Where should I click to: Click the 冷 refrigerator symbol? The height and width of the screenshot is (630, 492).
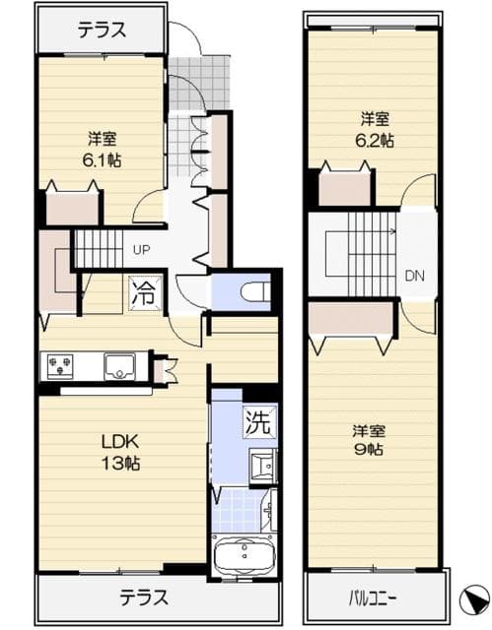coord(145,294)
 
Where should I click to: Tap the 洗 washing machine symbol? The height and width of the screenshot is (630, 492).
coord(260,421)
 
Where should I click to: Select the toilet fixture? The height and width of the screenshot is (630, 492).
coord(255,290)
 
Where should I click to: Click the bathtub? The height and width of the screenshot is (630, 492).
coord(245,555)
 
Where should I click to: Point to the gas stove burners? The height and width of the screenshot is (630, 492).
coord(60,366)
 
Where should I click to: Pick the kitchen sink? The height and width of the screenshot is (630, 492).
coord(119,366)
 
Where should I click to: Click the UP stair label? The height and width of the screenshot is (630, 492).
coord(141,250)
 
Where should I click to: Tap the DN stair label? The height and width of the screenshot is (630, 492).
coord(414,276)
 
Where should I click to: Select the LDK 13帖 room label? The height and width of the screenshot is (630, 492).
coord(120,453)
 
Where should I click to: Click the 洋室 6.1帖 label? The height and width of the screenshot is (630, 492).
coord(103,150)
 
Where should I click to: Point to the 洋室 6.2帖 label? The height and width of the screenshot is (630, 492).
coord(374,130)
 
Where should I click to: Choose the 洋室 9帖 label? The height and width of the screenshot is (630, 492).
coord(369,440)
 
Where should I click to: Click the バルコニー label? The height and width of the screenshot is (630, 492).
coord(373,599)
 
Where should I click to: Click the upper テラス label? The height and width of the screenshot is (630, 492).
coord(102,31)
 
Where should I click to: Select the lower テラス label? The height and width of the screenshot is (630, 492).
coord(144,598)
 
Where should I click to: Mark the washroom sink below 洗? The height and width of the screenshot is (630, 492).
coord(263,466)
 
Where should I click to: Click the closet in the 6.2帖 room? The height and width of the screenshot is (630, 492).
coord(344,189)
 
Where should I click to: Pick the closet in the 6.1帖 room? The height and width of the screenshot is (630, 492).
coord(72,209)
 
